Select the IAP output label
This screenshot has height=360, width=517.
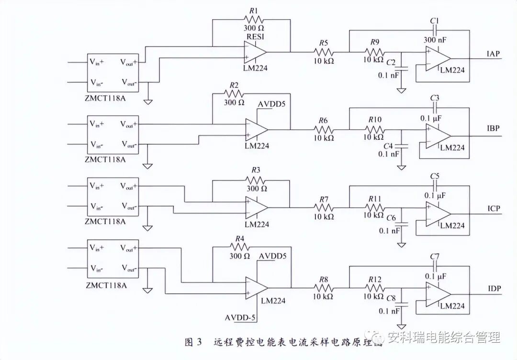point(494,54)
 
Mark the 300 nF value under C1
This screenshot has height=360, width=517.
point(436,39)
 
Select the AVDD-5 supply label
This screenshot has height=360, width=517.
point(241,317)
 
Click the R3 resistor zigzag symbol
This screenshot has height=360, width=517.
point(254,180)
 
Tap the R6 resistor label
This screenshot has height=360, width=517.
point(324,120)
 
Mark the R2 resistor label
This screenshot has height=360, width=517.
point(234,85)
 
